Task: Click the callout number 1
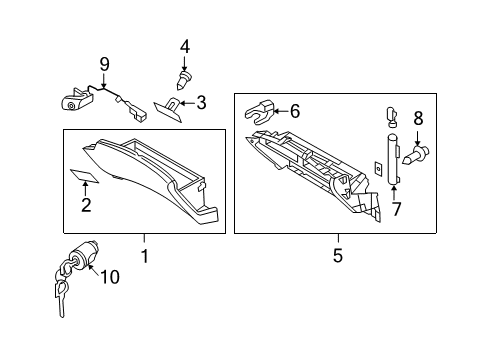tap(144, 256)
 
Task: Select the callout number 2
tap(86, 206)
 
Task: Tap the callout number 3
tap(200, 101)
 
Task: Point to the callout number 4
tap(184, 46)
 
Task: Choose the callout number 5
tap(337, 256)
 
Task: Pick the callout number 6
tap(294, 112)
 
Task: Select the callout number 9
tap(103, 67)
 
